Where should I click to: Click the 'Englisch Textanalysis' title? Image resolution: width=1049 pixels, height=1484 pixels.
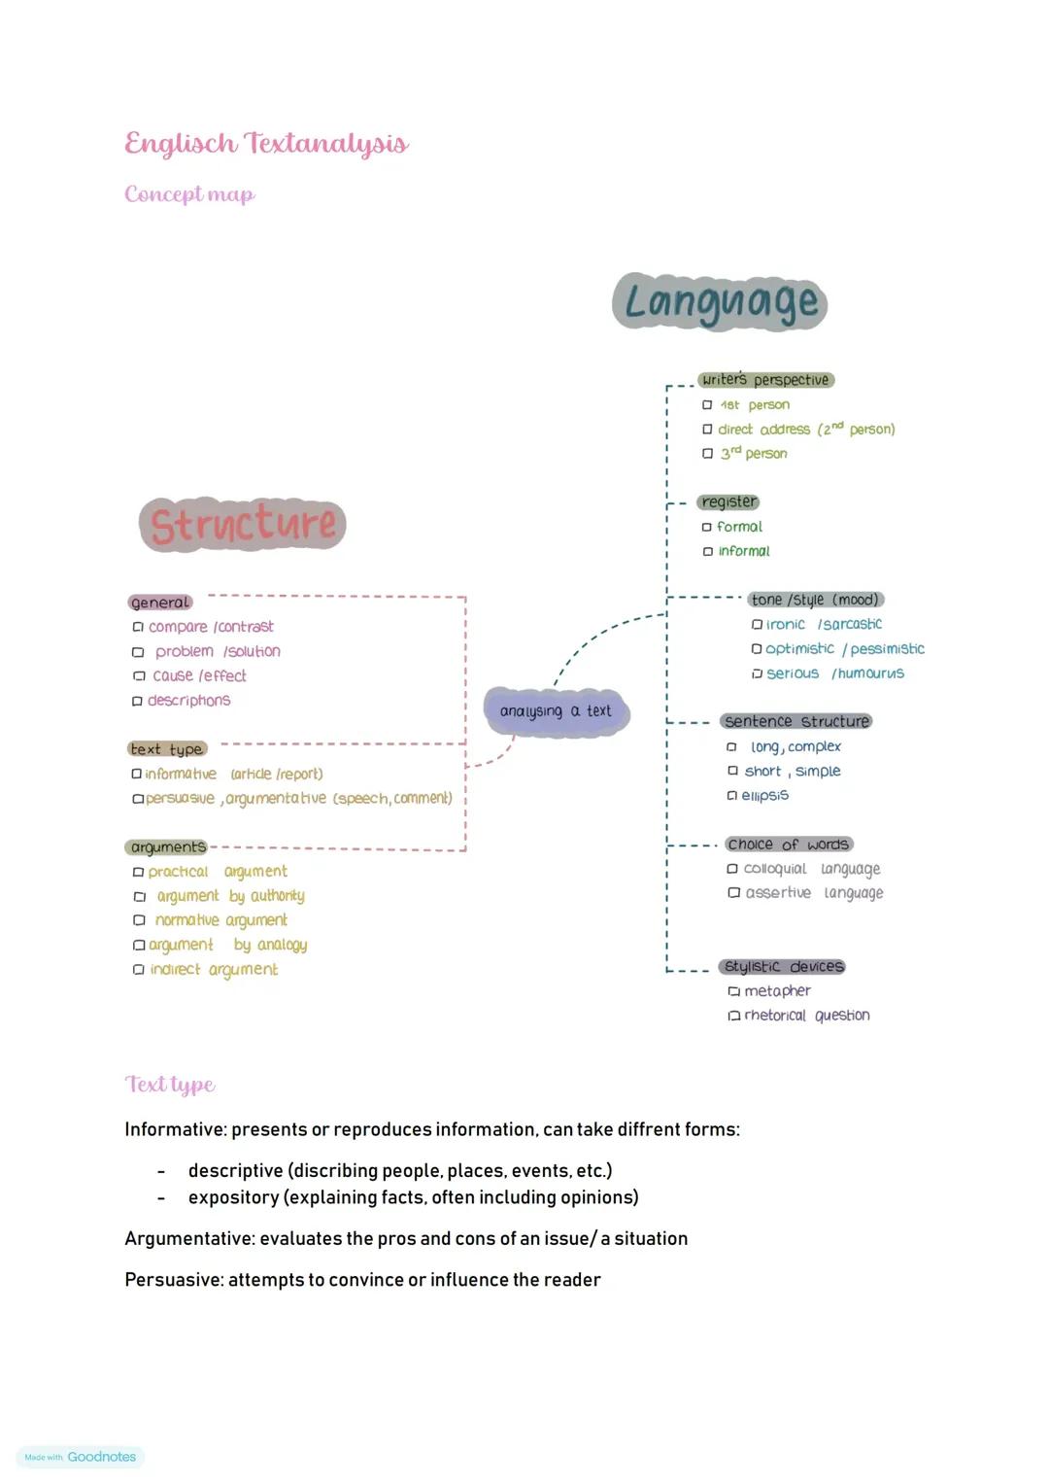(266, 144)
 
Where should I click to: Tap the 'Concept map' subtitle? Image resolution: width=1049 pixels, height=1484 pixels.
(189, 194)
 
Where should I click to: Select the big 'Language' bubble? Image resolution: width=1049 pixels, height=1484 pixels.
(721, 302)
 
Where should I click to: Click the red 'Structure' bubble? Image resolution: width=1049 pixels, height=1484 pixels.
(243, 525)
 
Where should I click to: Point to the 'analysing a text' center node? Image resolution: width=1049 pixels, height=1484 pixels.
(556, 711)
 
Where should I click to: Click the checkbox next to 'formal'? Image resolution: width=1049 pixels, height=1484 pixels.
(707, 528)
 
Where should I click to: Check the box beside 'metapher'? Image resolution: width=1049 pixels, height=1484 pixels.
(733, 991)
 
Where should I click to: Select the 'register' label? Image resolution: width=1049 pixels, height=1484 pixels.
(728, 502)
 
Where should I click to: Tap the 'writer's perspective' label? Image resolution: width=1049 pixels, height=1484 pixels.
(765, 380)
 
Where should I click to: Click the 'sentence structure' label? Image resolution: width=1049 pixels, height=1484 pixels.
(796, 721)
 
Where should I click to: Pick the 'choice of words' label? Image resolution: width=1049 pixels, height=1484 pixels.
(789, 845)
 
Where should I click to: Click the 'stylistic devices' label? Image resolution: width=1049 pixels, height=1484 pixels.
(783, 967)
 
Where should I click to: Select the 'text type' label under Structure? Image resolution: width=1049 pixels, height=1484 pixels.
(167, 749)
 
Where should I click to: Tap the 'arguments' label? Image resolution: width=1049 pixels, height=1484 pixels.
(168, 847)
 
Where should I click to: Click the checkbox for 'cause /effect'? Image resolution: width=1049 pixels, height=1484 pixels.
(138, 676)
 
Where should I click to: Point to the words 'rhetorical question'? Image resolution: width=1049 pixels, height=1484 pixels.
(806, 1016)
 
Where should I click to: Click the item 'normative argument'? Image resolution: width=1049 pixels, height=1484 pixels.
(221, 920)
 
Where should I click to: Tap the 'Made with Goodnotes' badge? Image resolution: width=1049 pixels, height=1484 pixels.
(81, 1457)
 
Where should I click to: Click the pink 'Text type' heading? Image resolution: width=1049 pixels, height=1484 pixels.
(170, 1085)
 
